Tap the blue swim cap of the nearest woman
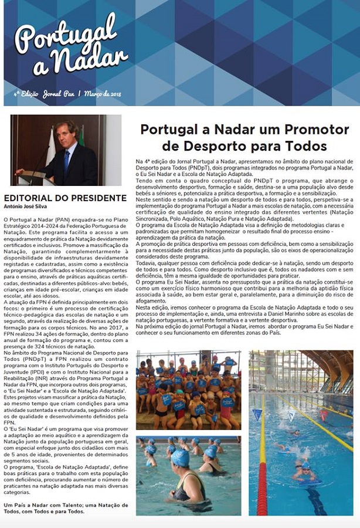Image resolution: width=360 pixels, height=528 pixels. pos(181,458)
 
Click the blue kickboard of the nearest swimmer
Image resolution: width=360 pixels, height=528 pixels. pos(308,482)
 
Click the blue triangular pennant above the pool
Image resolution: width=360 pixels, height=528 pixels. pos(257,414)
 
